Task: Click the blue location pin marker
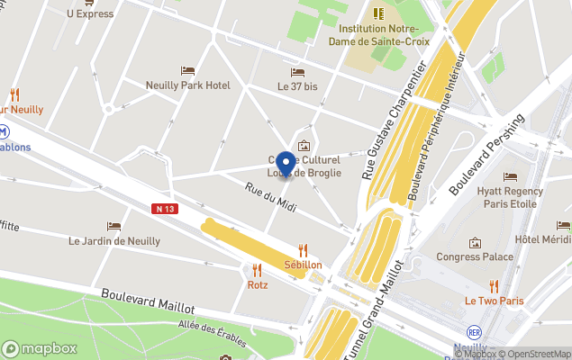click(286, 164)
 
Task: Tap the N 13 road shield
click(162, 208)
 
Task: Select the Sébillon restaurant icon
click(303, 250)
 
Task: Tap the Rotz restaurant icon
click(258, 269)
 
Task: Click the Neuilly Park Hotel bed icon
click(187, 71)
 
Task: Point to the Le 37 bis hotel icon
click(297, 73)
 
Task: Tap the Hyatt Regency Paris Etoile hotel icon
click(511, 177)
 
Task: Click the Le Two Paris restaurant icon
click(494, 285)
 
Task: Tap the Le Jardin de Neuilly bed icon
click(113, 227)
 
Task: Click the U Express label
click(90, 13)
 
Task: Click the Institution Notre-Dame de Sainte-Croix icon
click(377, 13)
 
